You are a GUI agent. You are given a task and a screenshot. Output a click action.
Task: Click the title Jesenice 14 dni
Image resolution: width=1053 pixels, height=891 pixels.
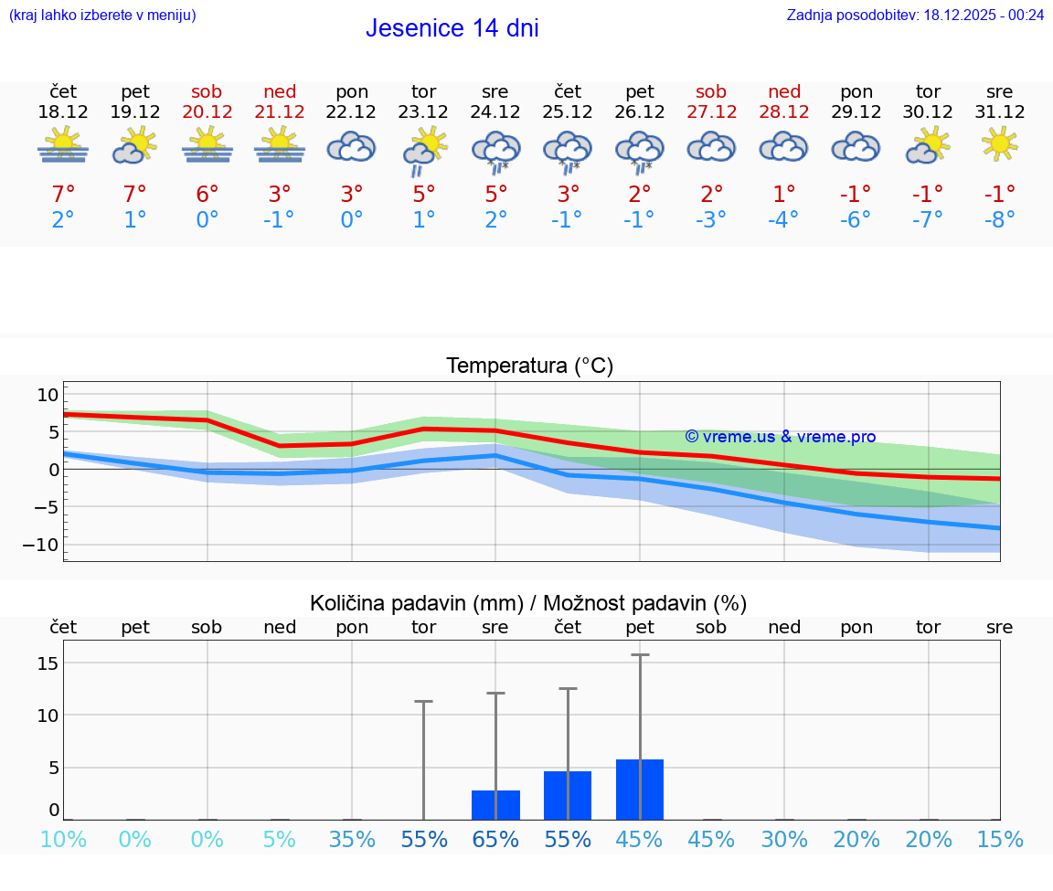click(x=452, y=28)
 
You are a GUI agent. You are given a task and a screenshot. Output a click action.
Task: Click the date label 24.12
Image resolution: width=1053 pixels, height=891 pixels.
click(x=495, y=112)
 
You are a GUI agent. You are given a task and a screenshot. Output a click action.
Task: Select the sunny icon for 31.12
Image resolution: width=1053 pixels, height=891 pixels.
click(x=999, y=143)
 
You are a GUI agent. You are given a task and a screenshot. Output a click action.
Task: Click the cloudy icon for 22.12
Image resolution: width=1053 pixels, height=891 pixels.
click(x=352, y=146)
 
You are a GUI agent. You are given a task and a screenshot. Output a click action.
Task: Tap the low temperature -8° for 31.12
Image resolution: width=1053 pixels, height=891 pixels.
click(x=999, y=219)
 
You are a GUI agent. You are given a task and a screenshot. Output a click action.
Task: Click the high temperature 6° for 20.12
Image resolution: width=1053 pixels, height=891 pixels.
click(x=207, y=194)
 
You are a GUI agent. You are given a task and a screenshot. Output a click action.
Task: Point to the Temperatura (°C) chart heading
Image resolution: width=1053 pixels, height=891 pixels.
click(x=529, y=366)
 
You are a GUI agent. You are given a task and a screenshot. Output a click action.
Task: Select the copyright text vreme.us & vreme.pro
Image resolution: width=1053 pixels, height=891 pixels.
click(x=780, y=437)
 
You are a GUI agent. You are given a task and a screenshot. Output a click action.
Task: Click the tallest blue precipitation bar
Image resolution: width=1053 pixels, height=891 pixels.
click(x=640, y=790)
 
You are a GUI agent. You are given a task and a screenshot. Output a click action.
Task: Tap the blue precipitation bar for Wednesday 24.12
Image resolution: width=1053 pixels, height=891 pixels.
click(x=495, y=805)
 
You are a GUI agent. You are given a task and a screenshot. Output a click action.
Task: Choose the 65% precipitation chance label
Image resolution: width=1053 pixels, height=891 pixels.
click(x=495, y=840)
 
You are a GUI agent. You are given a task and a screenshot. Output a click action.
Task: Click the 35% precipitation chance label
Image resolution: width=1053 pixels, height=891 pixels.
click(x=352, y=840)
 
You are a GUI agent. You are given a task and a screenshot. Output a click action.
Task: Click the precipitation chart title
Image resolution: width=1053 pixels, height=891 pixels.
click(x=528, y=603)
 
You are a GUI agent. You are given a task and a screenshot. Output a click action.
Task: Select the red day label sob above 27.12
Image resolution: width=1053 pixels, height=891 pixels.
click(x=711, y=91)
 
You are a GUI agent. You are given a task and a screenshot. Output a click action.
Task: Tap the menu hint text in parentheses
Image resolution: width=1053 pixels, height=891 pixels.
click(x=102, y=15)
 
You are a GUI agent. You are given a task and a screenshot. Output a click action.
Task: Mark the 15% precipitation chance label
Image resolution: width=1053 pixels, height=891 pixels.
click(x=999, y=840)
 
